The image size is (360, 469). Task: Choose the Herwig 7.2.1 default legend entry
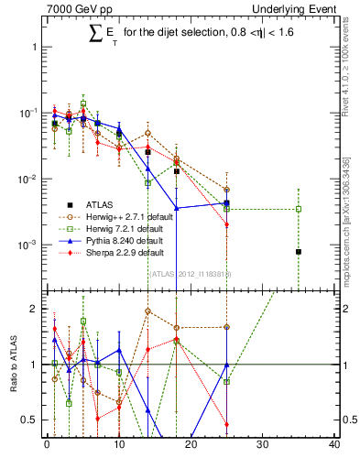(x=99, y=229)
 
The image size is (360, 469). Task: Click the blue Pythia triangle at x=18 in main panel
(x=177, y=208)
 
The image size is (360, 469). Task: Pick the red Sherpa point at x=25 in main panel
(x=226, y=224)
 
